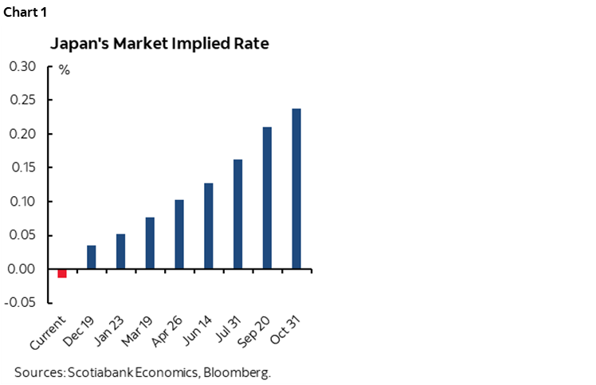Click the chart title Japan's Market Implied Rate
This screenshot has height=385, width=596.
click(159, 44)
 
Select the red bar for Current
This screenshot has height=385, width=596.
click(62, 273)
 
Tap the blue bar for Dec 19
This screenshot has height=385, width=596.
click(92, 257)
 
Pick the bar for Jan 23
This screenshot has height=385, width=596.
click(121, 251)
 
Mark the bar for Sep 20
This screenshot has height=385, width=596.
click(267, 198)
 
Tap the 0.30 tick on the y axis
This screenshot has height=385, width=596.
click(22, 66)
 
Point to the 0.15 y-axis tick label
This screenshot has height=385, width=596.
click(22, 167)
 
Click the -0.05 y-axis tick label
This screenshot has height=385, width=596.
click(21, 303)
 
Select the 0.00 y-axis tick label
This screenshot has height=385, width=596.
click(22, 269)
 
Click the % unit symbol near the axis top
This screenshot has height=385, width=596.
click(64, 71)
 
